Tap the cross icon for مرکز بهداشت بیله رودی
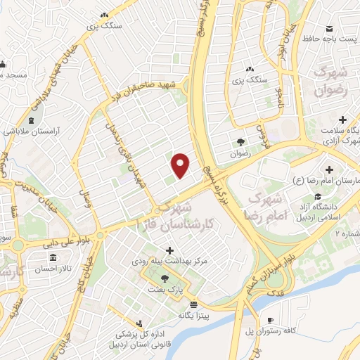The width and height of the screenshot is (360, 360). pos(169,250)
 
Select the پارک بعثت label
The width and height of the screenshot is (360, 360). pos(166,290)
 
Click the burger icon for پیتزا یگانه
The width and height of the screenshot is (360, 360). pos(193,304)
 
